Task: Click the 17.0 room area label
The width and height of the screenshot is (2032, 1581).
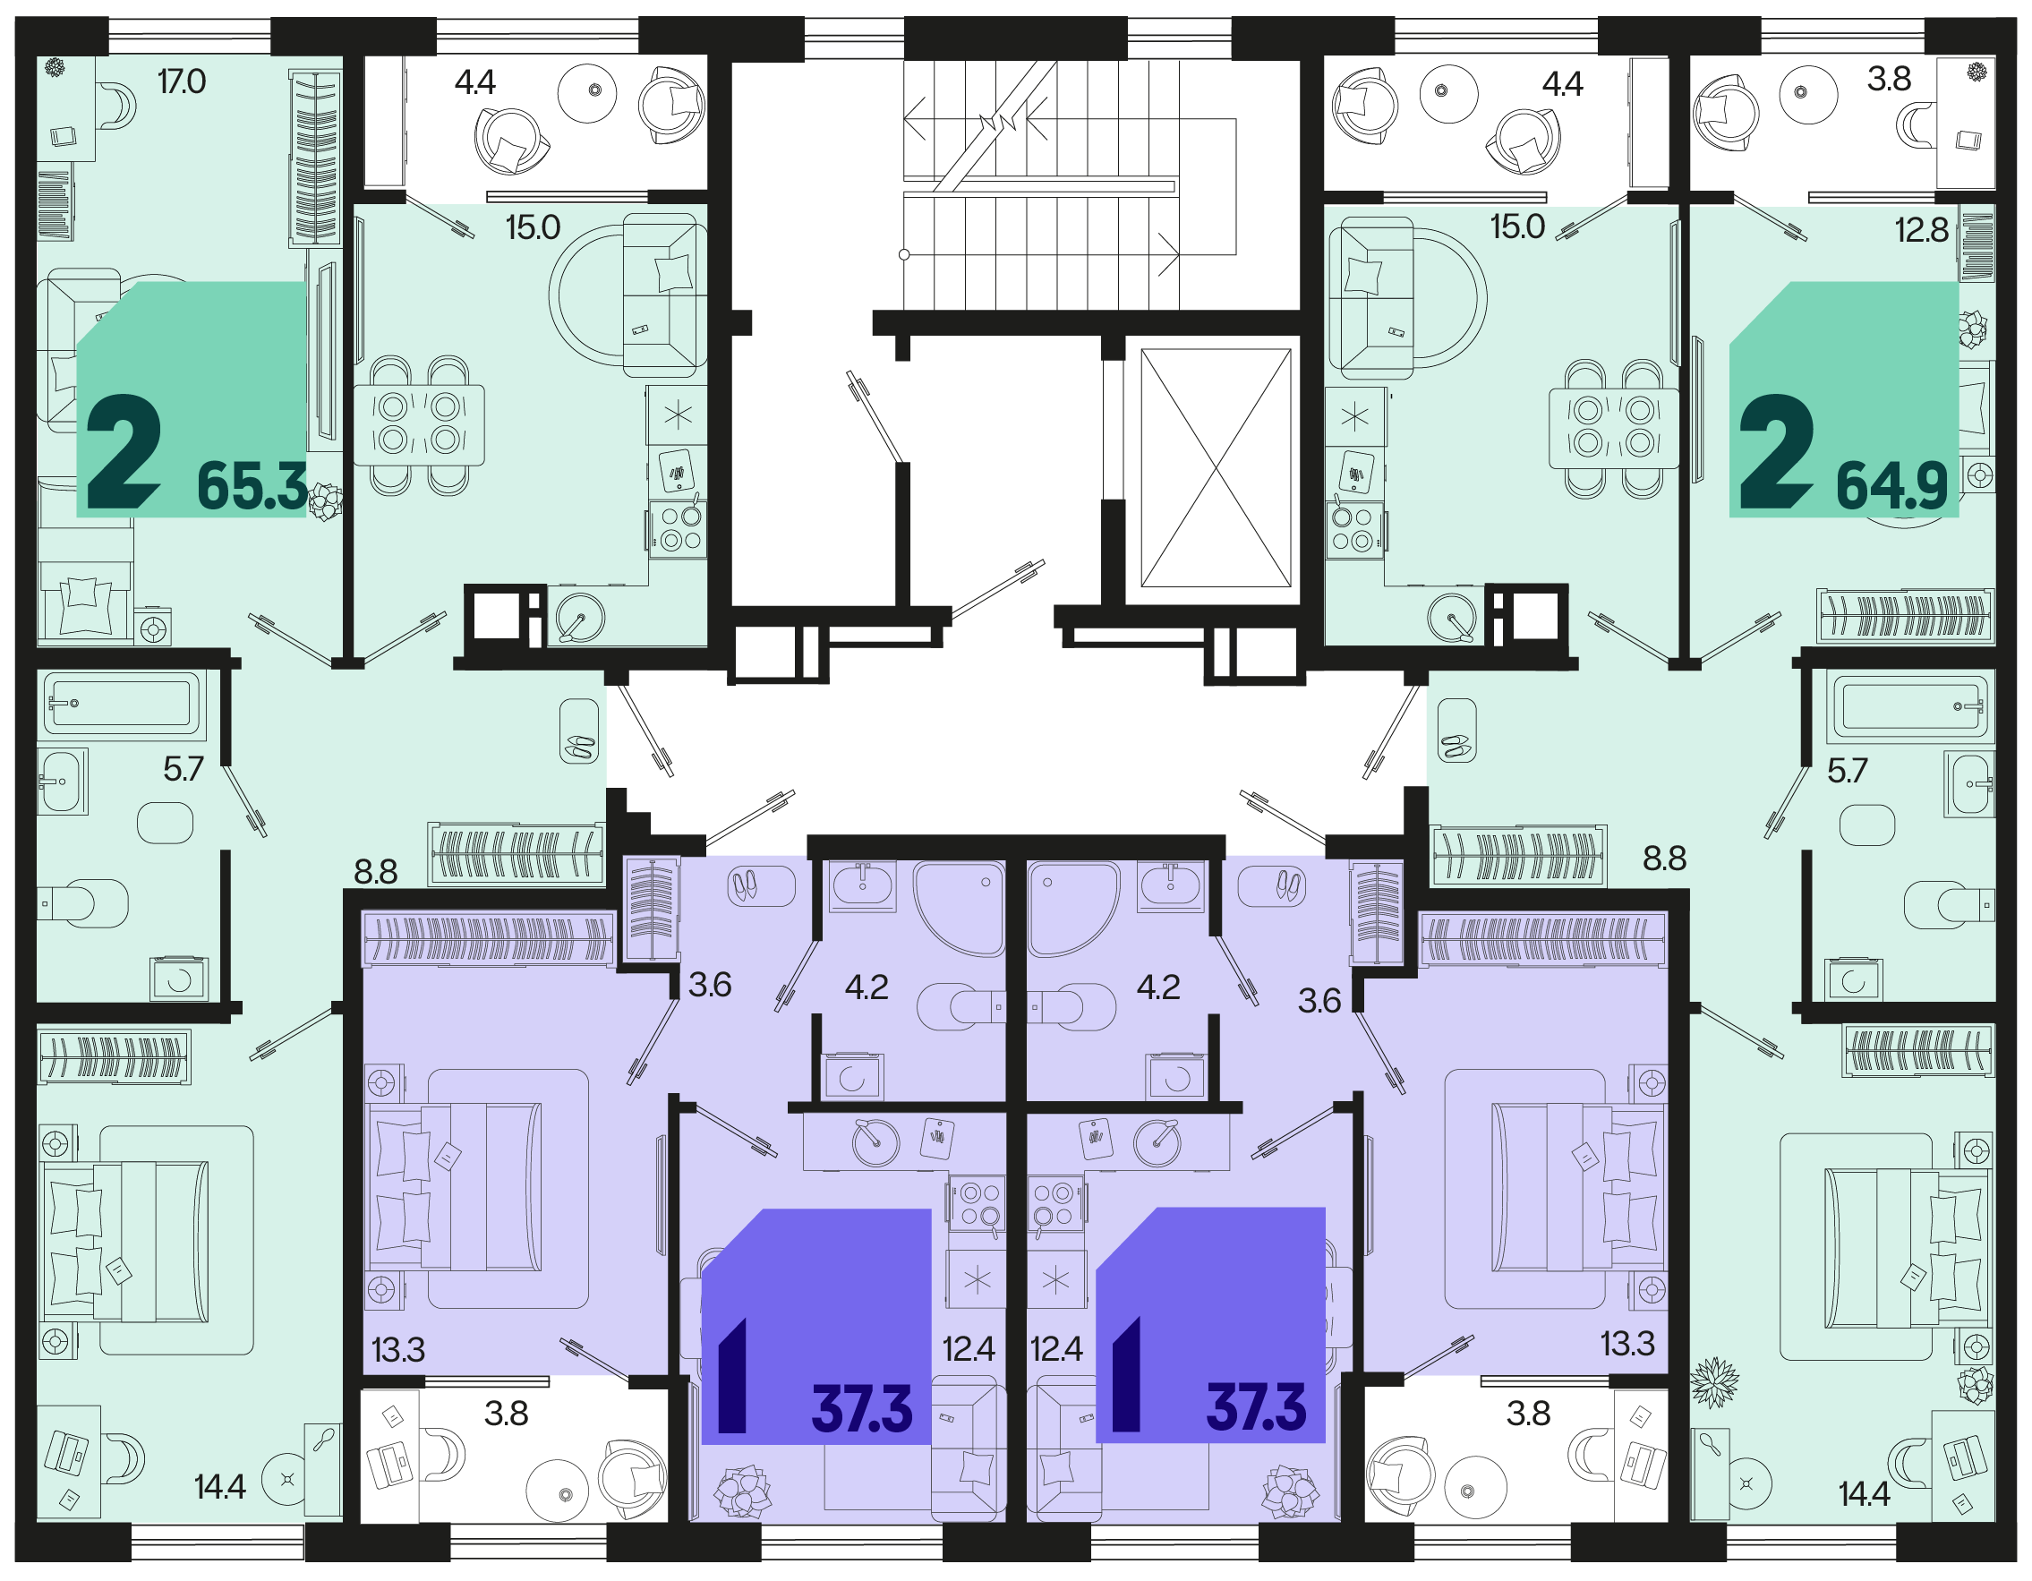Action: coord(182,81)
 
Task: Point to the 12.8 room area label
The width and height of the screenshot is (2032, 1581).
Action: coord(1921,230)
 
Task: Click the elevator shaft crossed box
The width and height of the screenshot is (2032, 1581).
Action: coord(1216,468)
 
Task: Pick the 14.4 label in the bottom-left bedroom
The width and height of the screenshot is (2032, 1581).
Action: coord(219,1487)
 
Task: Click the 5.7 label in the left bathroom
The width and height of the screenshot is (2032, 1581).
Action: coord(184,769)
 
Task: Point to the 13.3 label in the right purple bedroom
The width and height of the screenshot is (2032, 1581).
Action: coord(1627,1344)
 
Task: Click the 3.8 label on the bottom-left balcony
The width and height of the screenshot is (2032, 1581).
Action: coord(506,1414)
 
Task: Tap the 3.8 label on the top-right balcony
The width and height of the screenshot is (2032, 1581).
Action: coord(1889,79)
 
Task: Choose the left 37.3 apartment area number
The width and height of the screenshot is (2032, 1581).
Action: coord(861,1409)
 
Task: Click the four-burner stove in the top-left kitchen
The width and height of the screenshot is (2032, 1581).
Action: coord(678,528)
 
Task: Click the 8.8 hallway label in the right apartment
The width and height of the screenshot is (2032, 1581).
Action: coord(1664,858)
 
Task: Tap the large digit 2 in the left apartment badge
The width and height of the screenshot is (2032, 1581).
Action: coord(124,451)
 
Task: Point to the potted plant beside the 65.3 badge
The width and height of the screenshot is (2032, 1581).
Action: coord(325,501)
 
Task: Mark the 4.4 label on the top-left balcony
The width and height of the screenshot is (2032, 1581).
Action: coord(474,83)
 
